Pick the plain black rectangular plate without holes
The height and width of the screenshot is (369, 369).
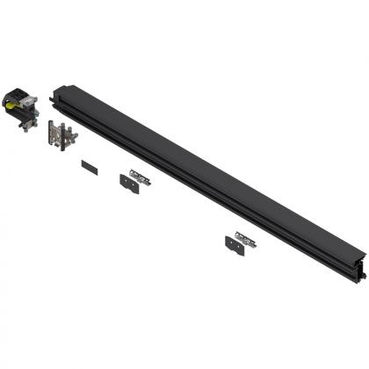(x=86, y=163)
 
